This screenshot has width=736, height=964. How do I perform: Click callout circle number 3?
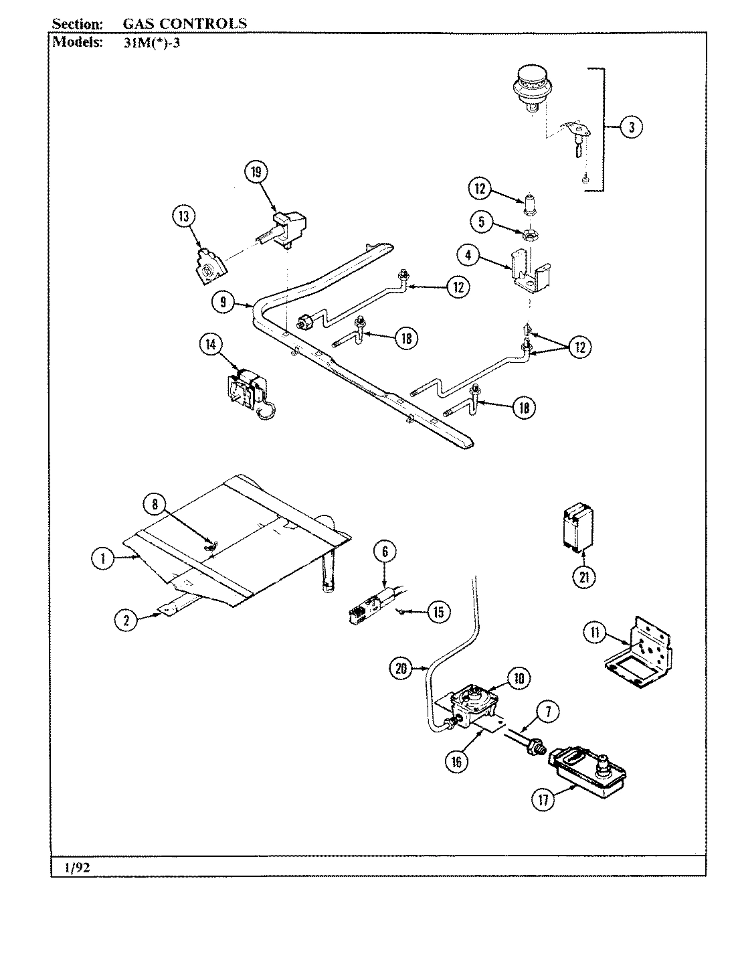pos(631,127)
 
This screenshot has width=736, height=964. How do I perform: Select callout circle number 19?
pos(255,172)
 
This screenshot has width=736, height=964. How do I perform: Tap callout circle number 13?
pos(183,216)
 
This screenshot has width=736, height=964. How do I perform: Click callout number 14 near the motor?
pos(211,345)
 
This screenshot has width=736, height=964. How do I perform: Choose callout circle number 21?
pos(585,576)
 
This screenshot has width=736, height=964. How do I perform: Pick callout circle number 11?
pos(594,633)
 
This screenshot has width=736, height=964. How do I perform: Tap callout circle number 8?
pos(155,505)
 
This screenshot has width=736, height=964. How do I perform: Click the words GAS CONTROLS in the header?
pos(184,24)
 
